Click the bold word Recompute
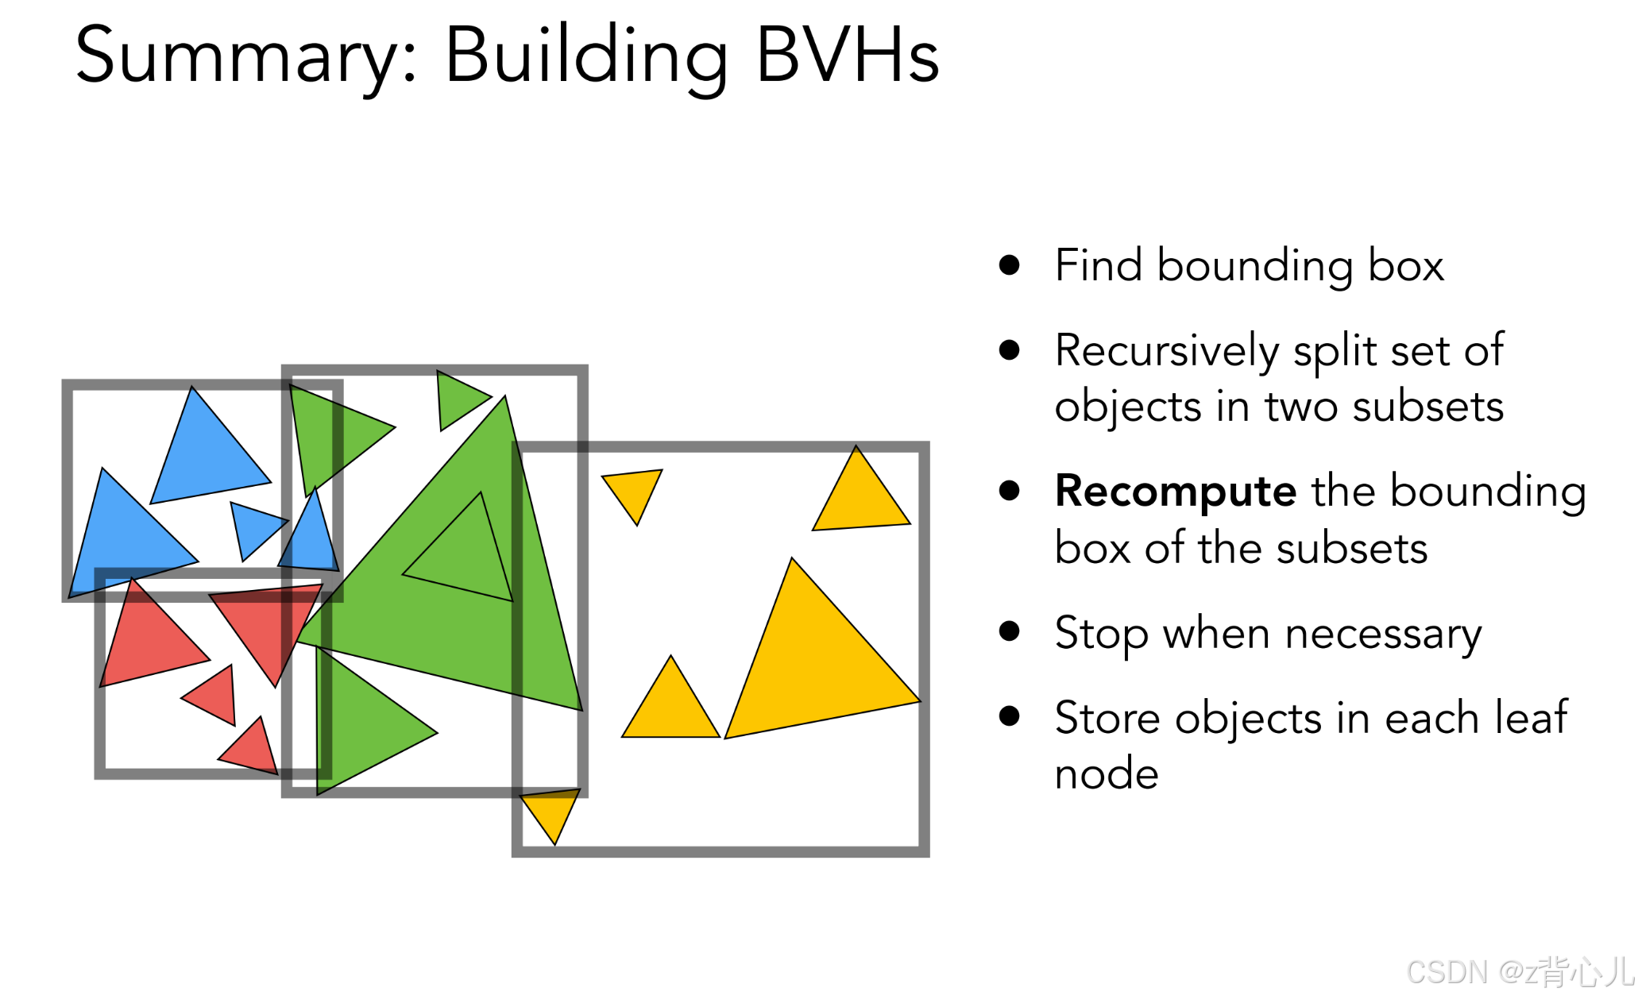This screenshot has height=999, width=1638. coord(1176,491)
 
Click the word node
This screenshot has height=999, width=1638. coord(1107,773)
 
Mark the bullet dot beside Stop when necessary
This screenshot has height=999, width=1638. coord(1010,631)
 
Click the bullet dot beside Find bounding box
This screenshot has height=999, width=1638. coord(1010,264)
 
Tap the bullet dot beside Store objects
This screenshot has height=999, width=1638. coord(1010,716)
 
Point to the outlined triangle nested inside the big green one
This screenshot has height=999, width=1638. coord(469,556)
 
